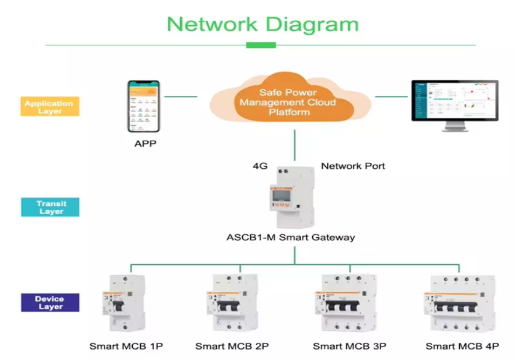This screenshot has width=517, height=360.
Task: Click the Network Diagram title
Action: click(x=262, y=24)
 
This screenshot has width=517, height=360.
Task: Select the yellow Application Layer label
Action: click(x=50, y=107)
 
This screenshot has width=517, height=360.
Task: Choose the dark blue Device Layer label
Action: click(x=50, y=302)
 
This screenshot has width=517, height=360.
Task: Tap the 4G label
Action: click(x=260, y=166)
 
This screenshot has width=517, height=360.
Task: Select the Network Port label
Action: click(x=353, y=166)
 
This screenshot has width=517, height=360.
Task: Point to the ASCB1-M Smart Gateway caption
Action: click(x=291, y=237)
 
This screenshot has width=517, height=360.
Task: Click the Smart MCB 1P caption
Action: click(x=126, y=346)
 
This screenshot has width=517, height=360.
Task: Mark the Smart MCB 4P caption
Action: click(x=462, y=346)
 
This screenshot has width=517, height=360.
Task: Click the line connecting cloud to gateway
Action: click(x=294, y=144)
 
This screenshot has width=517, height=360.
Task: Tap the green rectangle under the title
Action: click(x=261, y=45)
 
